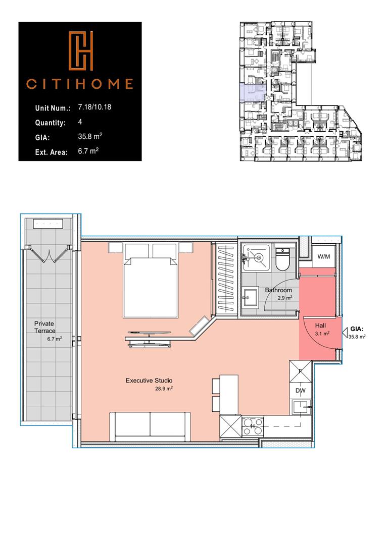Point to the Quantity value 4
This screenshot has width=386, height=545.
point(80,122)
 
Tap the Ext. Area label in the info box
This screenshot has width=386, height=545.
point(51,151)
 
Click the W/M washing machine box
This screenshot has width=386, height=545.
point(323,257)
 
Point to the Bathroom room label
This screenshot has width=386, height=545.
point(278,290)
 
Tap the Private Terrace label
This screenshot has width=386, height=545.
point(44,326)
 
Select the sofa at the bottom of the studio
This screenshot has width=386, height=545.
point(151,425)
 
